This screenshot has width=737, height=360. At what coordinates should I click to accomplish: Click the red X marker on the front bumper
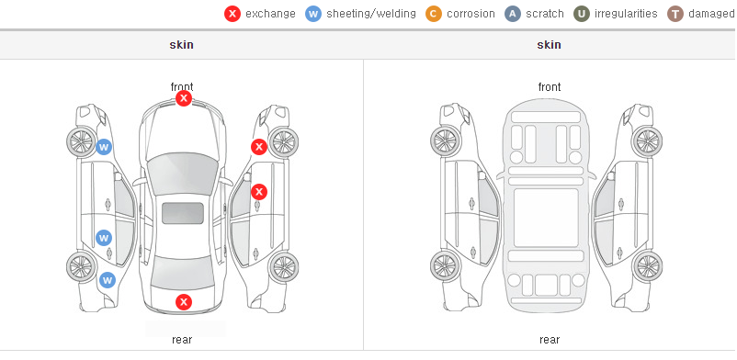click(184, 98)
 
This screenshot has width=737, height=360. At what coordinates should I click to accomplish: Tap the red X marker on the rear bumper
click(184, 302)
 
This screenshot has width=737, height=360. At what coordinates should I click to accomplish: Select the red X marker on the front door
click(259, 192)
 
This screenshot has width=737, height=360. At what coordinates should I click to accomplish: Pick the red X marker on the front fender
click(258, 147)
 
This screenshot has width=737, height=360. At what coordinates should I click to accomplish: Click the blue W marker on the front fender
click(104, 147)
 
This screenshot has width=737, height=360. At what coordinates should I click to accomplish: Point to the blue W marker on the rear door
click(104, 238)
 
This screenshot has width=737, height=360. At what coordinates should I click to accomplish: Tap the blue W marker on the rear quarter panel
click(108, 281)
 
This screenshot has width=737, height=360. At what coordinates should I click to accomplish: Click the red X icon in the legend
click(232, 14)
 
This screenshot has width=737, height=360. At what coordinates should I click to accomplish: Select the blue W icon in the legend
click(313, 14)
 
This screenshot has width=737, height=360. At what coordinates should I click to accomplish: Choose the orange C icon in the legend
click(434, 14)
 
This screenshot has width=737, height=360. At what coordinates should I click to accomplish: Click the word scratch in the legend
click(545, 14)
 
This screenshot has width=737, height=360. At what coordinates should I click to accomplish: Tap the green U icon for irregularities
click(582, 14)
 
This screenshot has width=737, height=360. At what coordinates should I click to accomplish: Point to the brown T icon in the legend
click(675, 14)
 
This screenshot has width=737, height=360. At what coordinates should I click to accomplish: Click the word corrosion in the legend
click(471, 14)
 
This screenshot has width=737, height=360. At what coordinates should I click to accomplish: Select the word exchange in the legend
click(270, 14)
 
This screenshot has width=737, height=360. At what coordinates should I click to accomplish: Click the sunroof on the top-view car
click(183, 213)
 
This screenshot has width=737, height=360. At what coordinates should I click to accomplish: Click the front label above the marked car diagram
click(182, 87)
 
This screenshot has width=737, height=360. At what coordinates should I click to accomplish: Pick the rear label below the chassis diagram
click(550, 340)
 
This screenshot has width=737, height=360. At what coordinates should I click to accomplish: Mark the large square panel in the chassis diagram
click(546, 218)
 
